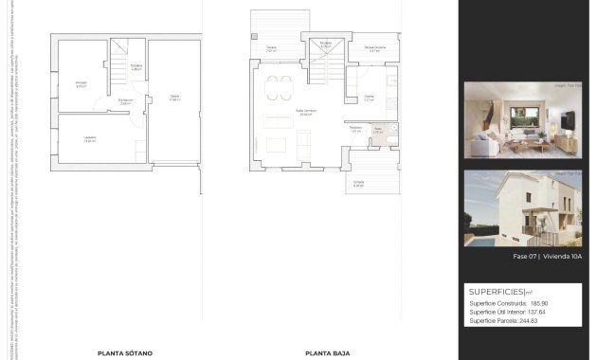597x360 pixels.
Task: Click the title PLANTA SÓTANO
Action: tap(124, 352)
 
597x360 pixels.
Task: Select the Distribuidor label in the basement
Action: tap(125, 101)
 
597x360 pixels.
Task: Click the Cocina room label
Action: tap(370, 97)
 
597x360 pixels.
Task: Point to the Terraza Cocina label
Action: tap(374, 49)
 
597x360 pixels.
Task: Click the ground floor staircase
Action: tap(325, 59)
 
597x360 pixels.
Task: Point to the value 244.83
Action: tap(537, 321)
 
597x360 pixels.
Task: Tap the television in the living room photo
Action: tap(566, 122)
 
